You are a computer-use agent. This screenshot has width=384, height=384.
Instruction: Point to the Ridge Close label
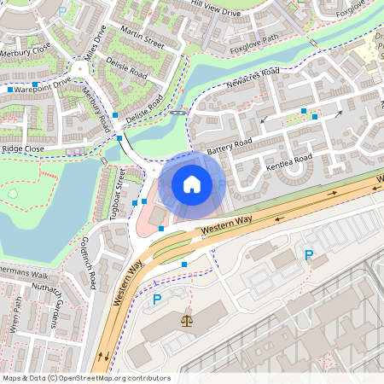(23, 148)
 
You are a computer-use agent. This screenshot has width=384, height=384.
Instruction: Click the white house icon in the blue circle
(192, 183)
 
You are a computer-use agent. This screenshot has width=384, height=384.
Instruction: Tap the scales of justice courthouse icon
(187, 321)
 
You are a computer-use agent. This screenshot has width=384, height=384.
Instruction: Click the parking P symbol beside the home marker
(222, 184)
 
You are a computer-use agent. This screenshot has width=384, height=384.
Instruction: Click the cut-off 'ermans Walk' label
(25, 275)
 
